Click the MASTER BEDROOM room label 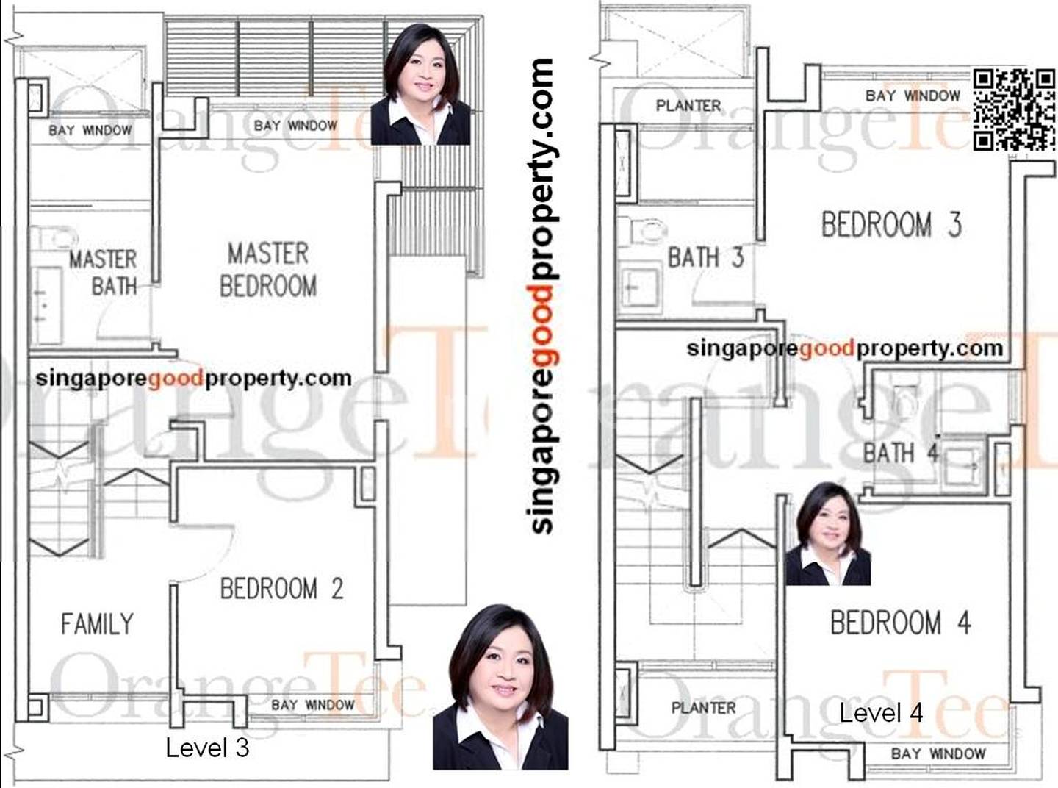pos(268,270)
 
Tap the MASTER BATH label pos(104,273)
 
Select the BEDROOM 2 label pos(281,589)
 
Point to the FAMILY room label pos(97,624)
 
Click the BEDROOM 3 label pos(891,225)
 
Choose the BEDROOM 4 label pos(901,623)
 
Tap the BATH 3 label pos(706,257)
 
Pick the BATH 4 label pos(901,452)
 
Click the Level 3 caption pos(207,748)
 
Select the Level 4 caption pos(881,714)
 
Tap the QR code pos(1014,110)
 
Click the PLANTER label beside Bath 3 pos(688,105)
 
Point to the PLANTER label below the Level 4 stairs pos(704,708)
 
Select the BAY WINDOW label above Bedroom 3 pos(913,96)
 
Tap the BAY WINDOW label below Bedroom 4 pos(938,753)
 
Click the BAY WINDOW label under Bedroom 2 pos(313,705)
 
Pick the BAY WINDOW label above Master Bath pos(90,130)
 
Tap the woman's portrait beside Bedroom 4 pos(828,534)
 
